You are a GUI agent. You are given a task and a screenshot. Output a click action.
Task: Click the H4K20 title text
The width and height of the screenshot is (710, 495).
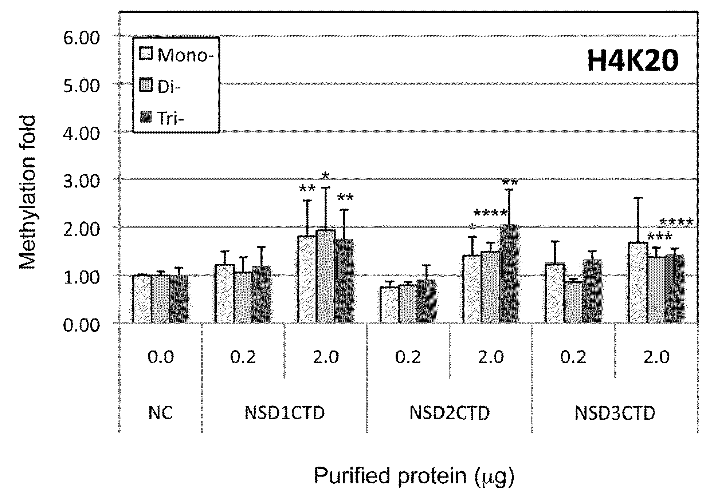(x=633, y=60)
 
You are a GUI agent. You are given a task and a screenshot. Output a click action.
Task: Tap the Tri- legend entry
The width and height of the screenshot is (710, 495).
(x=162, y=118)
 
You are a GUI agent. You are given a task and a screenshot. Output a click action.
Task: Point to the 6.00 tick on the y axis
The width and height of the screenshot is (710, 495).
(x=81, y=37)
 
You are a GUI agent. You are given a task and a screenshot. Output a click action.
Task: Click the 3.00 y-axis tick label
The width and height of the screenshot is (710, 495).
(x=81, y=181)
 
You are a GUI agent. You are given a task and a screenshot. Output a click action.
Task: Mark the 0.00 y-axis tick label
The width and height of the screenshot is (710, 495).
(x=81, y=325)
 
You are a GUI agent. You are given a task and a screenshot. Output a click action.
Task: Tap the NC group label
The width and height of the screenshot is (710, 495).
(x=161, y=413)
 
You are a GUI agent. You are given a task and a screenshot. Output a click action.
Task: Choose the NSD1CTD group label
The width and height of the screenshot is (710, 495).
(x=285, y=413)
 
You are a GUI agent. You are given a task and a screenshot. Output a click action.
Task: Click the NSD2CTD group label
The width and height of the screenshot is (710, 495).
(x=450, y=413)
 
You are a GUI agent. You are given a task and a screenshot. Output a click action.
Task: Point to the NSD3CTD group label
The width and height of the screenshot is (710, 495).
(x=615, y=413)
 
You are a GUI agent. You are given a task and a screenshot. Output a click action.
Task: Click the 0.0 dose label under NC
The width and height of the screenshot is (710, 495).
(x=161, y=357)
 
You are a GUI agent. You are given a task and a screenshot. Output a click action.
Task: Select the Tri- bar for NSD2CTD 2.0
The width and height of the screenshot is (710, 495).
(x=509, y=274)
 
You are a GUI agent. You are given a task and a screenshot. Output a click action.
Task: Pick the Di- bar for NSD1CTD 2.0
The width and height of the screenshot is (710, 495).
(x=326, y=276)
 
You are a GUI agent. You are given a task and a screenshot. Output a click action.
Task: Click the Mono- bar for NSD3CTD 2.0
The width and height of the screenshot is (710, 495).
(x=638, y=282)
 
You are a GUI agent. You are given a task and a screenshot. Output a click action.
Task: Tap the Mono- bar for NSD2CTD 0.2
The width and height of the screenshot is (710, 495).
(x=389, y=305)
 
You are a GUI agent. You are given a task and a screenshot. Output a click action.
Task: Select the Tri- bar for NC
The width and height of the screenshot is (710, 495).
(x=179, y=299)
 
